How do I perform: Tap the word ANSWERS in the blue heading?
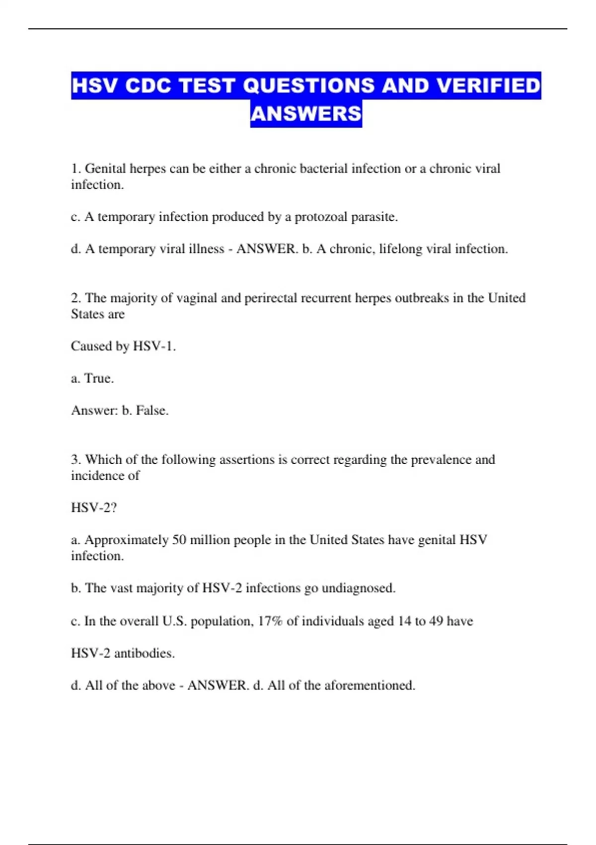(x=306, y=114)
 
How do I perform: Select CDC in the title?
(x=148, y=85)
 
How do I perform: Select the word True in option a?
(x=99, y=378)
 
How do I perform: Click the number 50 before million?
(x=179, y=540)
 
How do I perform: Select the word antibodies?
(x=145, y=653)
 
